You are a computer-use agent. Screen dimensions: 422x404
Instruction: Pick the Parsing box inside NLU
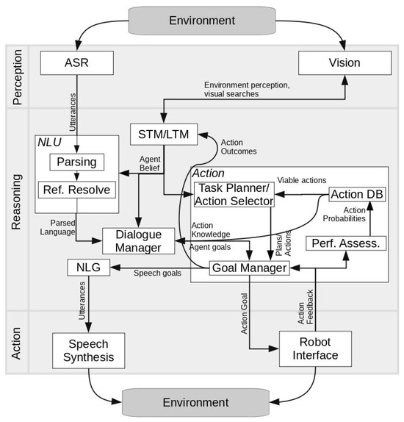[76, 161]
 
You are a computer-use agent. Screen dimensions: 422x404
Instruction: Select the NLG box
[87, 268]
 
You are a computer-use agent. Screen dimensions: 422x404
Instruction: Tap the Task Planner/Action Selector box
[234, 196]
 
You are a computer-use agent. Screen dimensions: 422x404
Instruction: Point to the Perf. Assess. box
[345, 242]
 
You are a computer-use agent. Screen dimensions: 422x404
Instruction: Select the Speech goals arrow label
[158, 273]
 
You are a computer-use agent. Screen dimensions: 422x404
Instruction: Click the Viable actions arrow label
[297, 179]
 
